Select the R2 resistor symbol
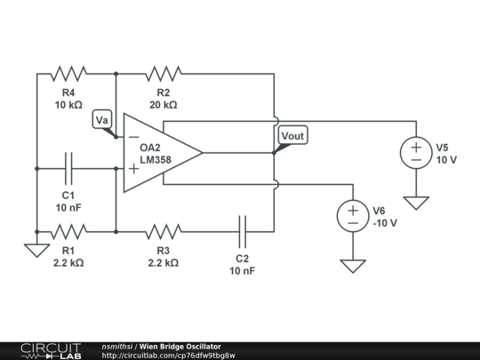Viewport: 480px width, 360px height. coord(164,72)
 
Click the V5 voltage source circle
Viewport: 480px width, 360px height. coord(415,152)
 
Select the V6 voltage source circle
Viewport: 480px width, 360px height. coord(353,214)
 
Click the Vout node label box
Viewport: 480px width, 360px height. coord(292,135)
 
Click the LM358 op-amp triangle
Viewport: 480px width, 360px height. coord(160,152)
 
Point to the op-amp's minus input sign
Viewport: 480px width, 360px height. coord(133,137)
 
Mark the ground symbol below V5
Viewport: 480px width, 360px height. coord(415,203)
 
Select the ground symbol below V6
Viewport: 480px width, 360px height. coord(353,265)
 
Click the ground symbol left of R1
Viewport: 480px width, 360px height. coord(36,250)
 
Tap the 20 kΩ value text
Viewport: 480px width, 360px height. coord(164,105)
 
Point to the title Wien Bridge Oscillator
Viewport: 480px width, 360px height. coord(180,346)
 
